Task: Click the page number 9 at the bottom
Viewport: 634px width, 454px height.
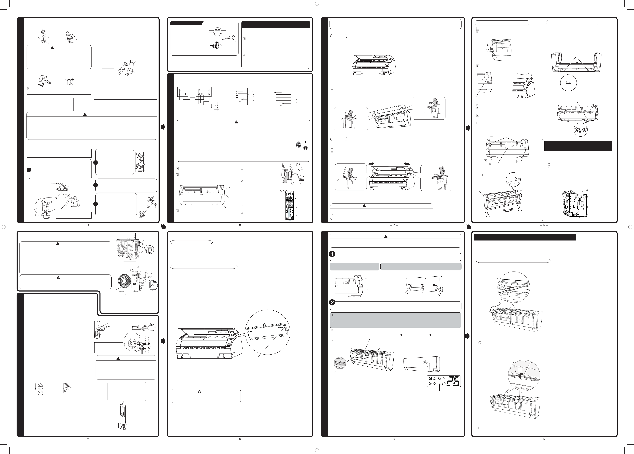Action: pos(88,225)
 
